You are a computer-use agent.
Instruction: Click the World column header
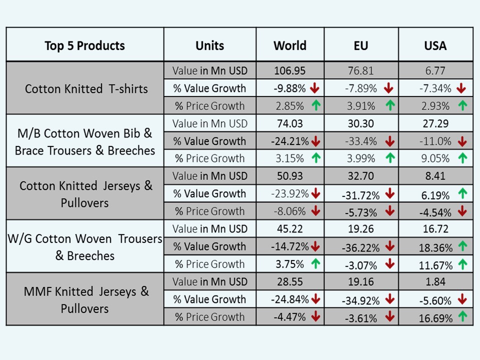pyautogui.click(x=290, y=45)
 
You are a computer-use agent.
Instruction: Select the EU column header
pyautogui.click(x=360, y=45)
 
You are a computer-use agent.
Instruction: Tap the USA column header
pyautogui.click(x=435, y=45)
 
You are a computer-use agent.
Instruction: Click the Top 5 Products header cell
pyautogui.click(x=84, y=45)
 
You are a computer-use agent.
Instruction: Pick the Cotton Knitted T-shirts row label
pyautogui.click(x=86, y=89)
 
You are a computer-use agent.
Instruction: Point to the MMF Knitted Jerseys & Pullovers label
pyautogui.click(x=86, y=299)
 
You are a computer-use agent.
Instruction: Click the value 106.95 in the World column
pyautogui.click(x=290, y=71)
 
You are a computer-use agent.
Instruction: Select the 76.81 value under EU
pyautogui.click(x=360, y=71)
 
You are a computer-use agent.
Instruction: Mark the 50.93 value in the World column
pyautogui.click(x=290, y=176)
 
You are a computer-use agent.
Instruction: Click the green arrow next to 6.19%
pyautogui.click(x=462, y=194)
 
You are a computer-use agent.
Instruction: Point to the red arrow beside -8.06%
pyautogui.click(x=315, y=211)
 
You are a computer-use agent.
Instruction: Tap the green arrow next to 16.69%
pyautogui.click(x=462, y=317)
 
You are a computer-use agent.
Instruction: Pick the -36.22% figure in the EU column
pyautogui.click(x=360, y=247)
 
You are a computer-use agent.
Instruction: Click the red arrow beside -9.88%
pyautogui.click(x=314, y=88)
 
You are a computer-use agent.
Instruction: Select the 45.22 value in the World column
pyautogui.click(x=290, y=229)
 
